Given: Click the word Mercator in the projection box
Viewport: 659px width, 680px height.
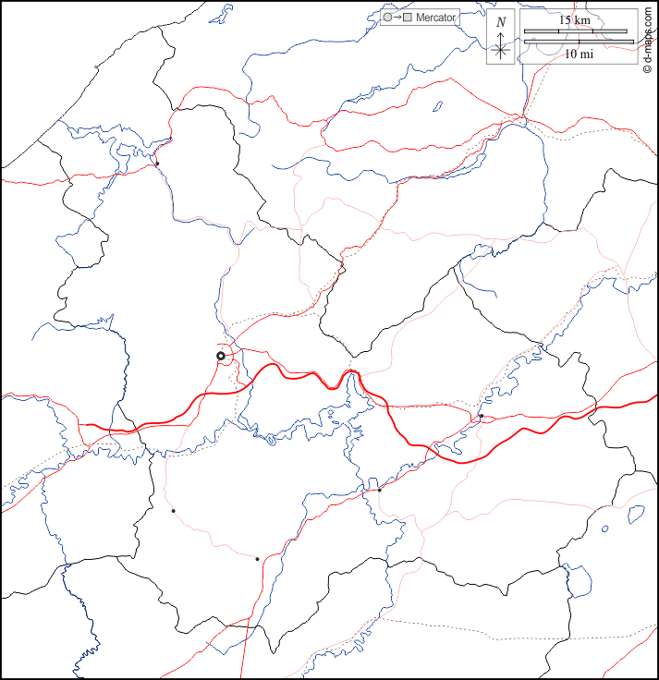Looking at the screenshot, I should (x=436, y=18).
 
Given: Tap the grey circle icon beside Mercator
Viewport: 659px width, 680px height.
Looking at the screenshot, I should (x=387, y=18).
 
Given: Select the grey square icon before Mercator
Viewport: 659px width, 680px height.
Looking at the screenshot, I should (x=407, y=18).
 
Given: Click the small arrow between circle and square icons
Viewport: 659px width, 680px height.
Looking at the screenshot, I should (x=397, y=18).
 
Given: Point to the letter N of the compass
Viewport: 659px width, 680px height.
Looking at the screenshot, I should (x=501, y=22).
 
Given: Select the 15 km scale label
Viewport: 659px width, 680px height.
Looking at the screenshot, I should (x=575, y=19).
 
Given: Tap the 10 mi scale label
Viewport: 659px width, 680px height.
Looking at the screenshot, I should (x=579, y=55).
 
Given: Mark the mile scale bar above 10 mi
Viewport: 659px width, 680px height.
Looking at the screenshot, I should (x=579, y=42).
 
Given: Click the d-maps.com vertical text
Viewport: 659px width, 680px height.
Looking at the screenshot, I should (x=649, y=37).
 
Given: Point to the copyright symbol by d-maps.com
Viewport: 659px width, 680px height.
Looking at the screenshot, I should (x=649, y=71).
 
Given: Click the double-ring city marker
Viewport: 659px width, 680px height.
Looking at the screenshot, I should (x=221, y=356).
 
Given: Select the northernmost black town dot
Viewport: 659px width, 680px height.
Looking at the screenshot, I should (x=157, y=164).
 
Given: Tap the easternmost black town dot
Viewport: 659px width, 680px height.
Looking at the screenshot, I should (x=482, y=417).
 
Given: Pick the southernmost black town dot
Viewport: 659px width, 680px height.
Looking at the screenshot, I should (x=257, y=558).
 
